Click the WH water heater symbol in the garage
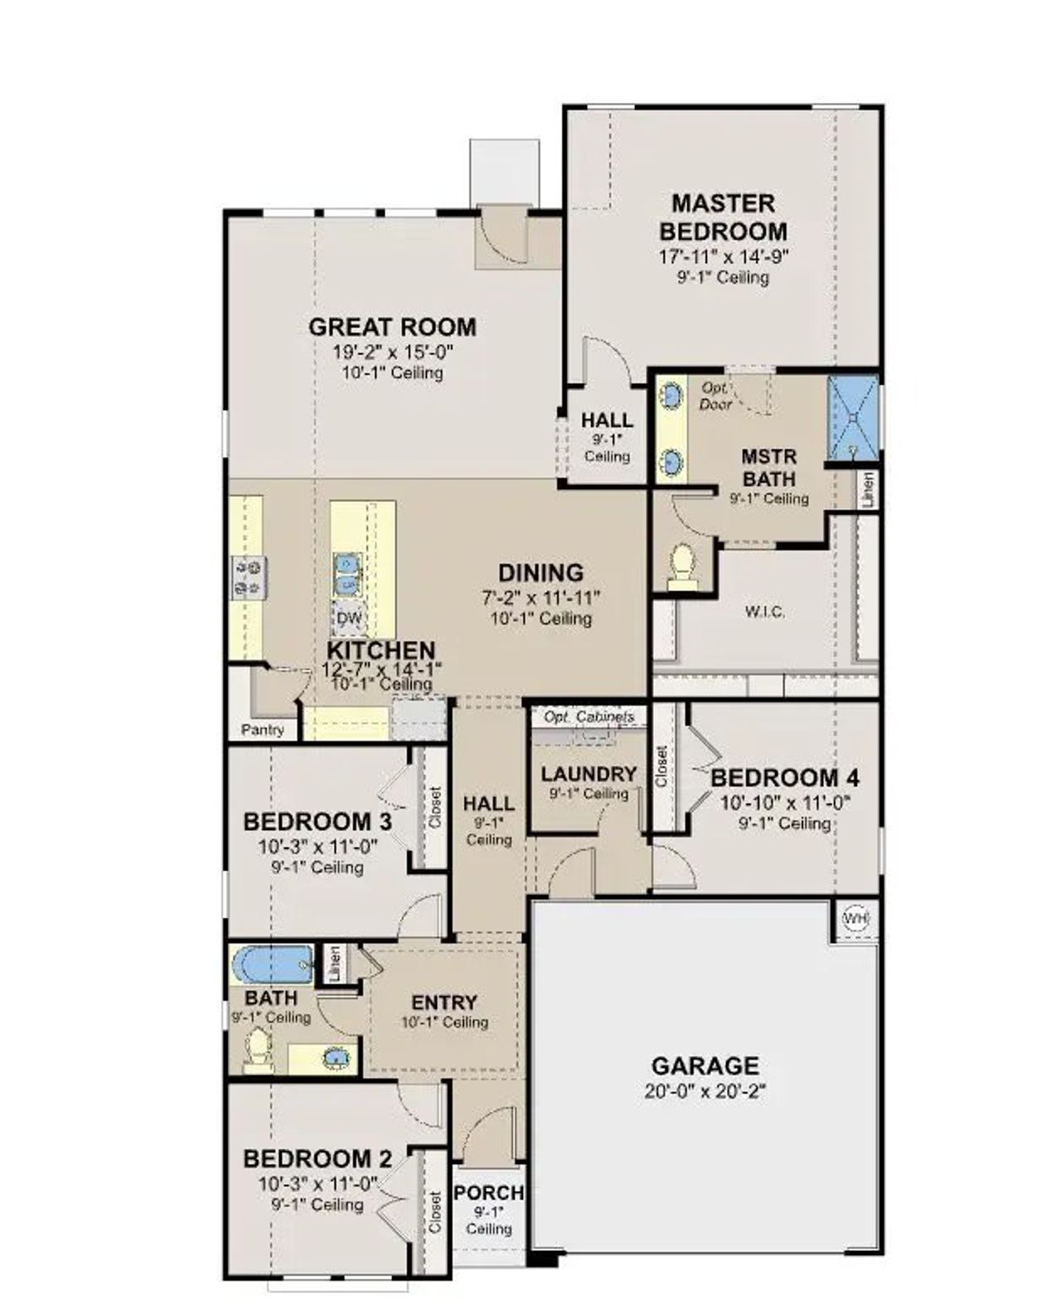point(855,919)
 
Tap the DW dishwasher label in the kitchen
point(349,618)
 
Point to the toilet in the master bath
point(682,565)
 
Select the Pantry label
point(262,730)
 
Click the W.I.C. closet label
point(764,612)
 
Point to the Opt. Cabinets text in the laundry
point(589,716)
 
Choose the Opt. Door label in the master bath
point(715,395)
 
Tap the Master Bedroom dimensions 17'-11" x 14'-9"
point(723,256)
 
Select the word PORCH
point(488,1193)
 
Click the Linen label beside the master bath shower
point(868,489)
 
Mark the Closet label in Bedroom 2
point(435,1213)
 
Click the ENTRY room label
point(444,1002)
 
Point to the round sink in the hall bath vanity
point(335,1057)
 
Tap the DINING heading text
point(540,573)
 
